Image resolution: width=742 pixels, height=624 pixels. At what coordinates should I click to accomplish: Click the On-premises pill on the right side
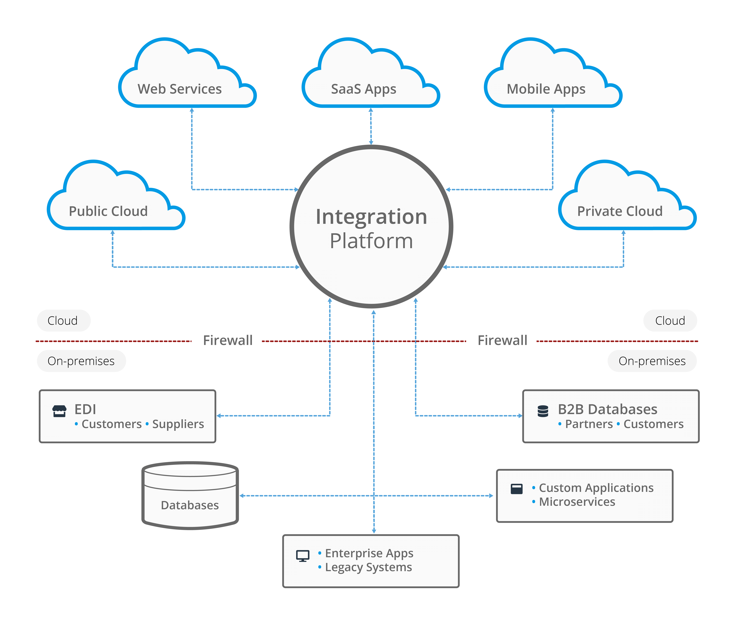click(x=652, y=361)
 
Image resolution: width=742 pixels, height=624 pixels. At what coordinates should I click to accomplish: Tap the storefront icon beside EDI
click(x=59, y=411)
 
